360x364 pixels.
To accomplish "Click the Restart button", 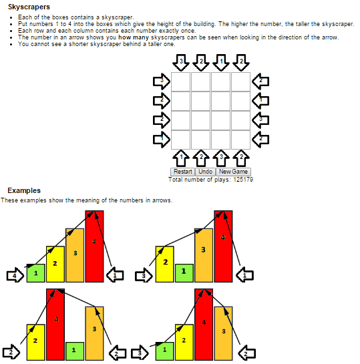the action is [182, 172].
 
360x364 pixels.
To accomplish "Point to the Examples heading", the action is [24, 190].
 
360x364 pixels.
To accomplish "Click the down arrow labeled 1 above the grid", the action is [221, 62].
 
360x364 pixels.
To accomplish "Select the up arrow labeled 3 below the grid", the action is [221, 158].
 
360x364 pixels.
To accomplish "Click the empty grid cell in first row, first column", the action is [181, 81].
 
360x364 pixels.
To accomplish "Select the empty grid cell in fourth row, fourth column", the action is [240, 140].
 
